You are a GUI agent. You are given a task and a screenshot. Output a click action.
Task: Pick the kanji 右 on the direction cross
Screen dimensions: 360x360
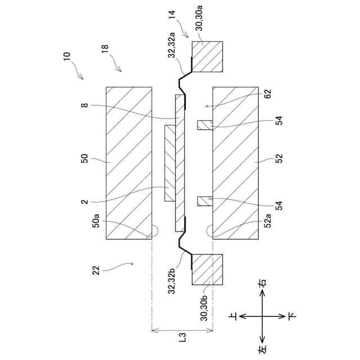tap(262, 287)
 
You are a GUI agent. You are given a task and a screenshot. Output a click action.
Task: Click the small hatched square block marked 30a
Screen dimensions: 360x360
tap(208, 57)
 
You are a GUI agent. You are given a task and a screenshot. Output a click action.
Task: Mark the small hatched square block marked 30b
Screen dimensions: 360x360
tap(208, 269)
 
